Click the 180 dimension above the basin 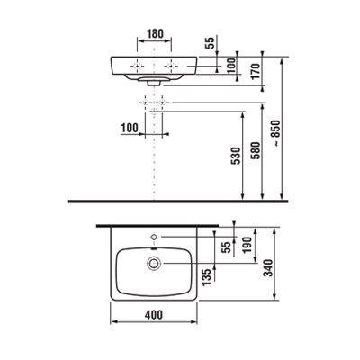(155, 33)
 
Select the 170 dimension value (256, 71)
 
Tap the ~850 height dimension (275, 133)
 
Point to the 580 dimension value (256, 150)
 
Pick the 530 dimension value (237, 156)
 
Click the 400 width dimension (154, 315)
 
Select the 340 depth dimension (267, 268)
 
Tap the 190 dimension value (247, 245)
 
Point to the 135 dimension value (207, 277)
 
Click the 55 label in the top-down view (228, 247)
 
